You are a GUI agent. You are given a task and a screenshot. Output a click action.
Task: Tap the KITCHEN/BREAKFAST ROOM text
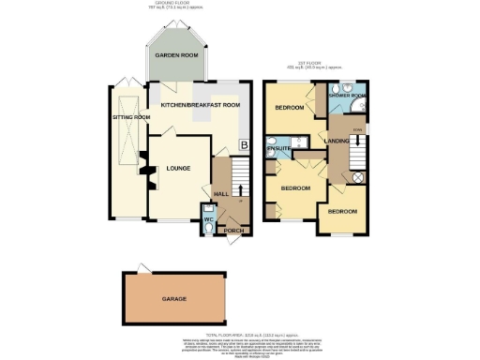click(x=200, y=104)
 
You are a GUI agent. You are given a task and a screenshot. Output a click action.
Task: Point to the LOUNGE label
click(x=178, y=168)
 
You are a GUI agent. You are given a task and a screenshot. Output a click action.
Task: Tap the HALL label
click(x=221, y=193)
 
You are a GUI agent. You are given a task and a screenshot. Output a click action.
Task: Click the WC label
click(x=207, y=220)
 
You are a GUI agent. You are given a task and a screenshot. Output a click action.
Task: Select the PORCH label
click(x=231, y=228)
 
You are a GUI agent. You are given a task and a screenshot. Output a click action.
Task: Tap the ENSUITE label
click(x=278, y=149)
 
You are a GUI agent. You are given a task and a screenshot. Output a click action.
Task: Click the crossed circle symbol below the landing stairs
click(x=357, y=176)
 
